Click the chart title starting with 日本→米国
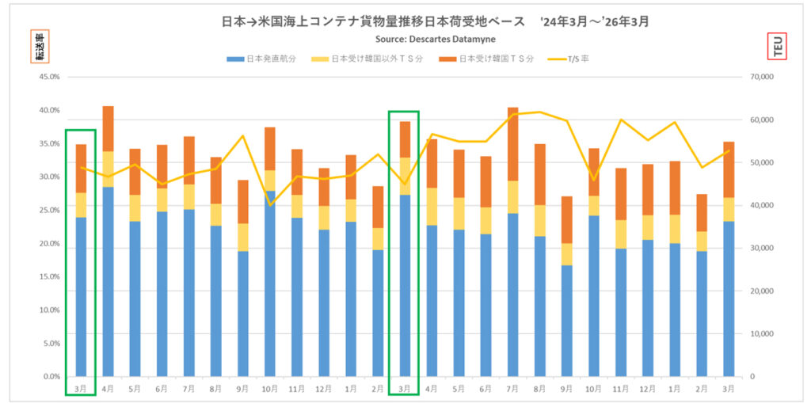point(435,22)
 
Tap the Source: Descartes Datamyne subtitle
point(436,39)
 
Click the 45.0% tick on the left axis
point(49,77)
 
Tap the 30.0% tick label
point(49,177)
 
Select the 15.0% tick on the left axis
point(49,276)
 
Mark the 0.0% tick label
point(51,376)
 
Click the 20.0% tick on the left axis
point(49,243)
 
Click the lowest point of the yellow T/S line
point(269,205)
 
